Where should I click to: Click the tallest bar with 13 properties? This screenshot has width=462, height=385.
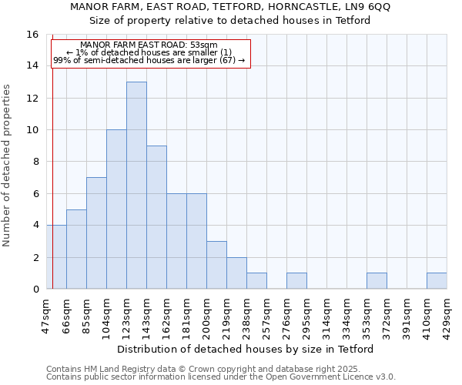tap(136, 185)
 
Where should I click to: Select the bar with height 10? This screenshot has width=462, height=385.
tap(116, 209)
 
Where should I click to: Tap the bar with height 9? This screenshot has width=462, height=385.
tap(156, 217)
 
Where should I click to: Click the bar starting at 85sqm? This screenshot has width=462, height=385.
tap(96, 233)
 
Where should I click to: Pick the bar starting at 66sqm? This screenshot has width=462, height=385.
tap(76, 249)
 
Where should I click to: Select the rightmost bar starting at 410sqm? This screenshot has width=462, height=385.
tap(437, 281)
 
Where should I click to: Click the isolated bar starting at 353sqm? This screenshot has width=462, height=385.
tap(377, 281)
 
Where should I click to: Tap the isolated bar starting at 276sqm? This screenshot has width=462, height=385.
tap(296, 281)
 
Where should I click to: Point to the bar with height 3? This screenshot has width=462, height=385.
tap(216, 265)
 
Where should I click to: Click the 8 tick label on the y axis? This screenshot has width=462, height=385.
tap(35, 162)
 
